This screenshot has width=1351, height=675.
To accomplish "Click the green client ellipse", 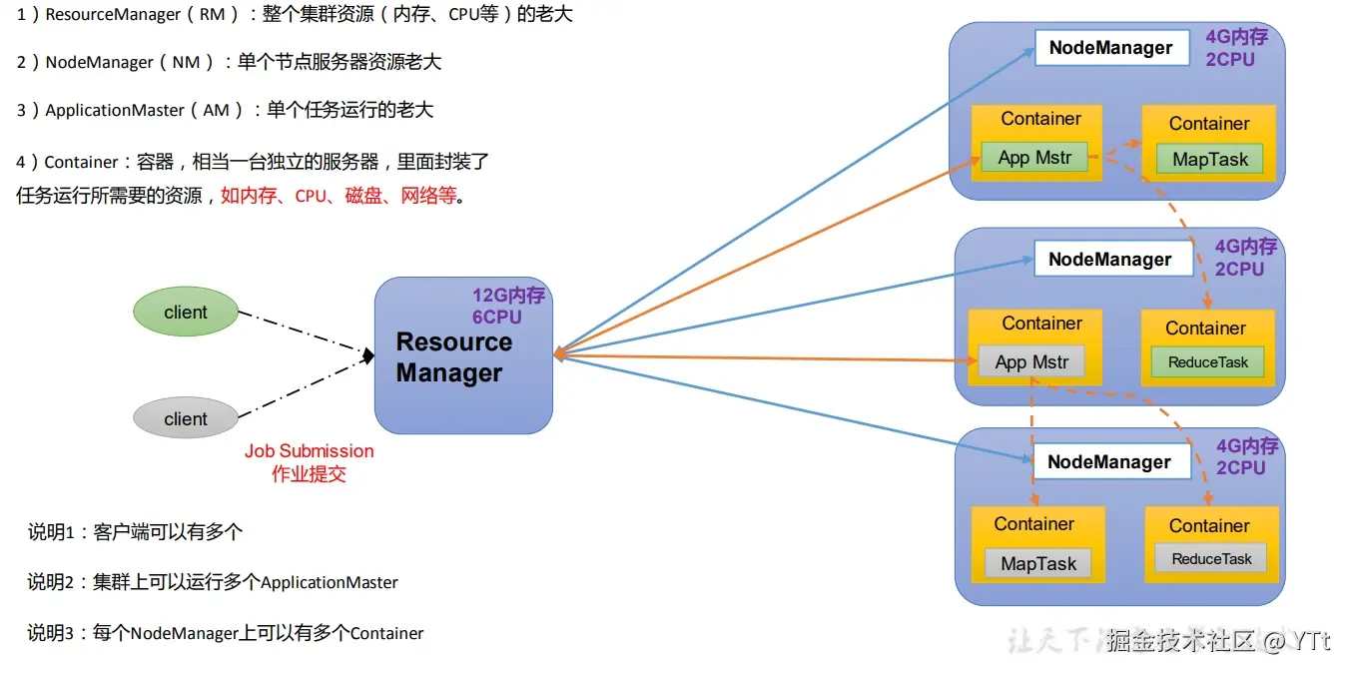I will coord(186,313).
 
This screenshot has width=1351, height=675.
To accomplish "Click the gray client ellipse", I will coord(186,419).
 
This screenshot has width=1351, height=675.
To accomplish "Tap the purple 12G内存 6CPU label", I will coord(508,307).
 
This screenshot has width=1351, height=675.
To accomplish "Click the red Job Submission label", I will coord(309,451).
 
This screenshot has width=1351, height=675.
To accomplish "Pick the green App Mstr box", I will coord(1033,158).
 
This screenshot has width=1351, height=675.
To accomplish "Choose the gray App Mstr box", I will coord(1031,362).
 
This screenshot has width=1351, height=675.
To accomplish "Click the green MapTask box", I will coord(1210,160).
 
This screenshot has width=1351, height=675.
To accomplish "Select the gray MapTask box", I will coord(1038,564).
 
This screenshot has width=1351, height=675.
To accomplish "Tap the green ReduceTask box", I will coord(1208,362).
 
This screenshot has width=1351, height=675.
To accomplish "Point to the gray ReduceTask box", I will coord(1211,559).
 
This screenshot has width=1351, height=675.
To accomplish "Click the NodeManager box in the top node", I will coord(1110,48).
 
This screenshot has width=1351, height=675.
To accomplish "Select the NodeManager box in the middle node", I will coord(1110,260).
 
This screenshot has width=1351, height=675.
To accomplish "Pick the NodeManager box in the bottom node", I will coord(1109,462).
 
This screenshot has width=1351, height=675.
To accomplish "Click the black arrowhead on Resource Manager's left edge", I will coord(368,355).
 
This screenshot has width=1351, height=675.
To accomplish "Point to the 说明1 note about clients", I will coord(135,532).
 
